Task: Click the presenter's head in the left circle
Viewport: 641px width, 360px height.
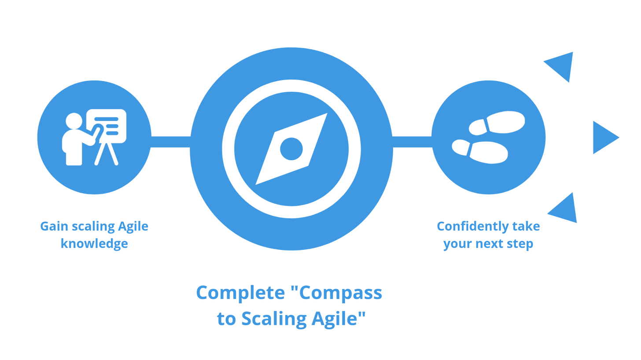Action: coord(74,121)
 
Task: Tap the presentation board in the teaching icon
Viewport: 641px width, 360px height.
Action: coord(107,126)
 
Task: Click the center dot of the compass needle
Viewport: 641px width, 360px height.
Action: coord(291,149)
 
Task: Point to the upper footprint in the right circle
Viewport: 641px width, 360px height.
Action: coord(497,123)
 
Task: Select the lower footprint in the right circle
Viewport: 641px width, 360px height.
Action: coord(480,151)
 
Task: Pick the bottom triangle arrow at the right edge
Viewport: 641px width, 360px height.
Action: coord(562,208)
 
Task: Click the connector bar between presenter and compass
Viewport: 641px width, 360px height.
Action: coord(170,142)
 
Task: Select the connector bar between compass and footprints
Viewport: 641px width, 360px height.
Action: coord(412,142)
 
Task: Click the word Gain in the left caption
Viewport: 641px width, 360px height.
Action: coord(55,226)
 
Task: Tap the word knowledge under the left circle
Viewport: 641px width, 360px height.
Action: coord(94,244)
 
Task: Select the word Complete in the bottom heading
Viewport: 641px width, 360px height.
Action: coord(240,293)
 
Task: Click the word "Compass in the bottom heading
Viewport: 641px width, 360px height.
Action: coord(336,293)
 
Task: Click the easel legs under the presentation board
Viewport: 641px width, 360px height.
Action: coord(107,154)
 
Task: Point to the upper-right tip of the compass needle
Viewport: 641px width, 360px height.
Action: coord(327,113)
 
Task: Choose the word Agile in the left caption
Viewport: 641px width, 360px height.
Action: coord(133,226)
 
